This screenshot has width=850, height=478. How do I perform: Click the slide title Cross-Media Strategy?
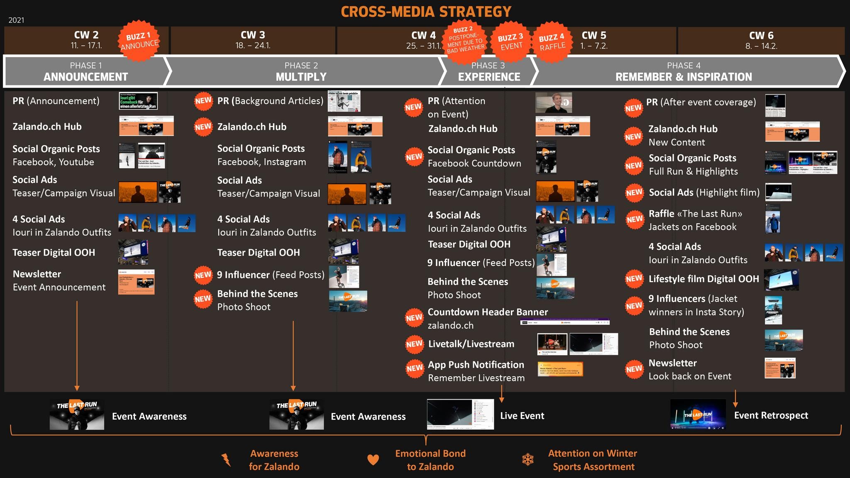point(426,12)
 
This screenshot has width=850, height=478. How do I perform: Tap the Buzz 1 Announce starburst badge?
point(139,41)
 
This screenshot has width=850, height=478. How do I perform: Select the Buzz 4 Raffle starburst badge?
point(552,42)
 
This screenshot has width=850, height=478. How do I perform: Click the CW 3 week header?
point(253,40)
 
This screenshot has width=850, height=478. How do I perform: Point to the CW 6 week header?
point(761,40)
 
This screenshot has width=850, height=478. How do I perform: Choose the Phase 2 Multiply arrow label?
point(301,71)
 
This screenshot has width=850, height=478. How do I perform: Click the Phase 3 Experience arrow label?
point(489,71)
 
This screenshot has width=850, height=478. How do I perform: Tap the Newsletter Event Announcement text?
point(59,280)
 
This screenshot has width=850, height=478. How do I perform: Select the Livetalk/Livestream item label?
point(471,344)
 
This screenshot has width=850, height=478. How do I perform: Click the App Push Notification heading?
point(476,365)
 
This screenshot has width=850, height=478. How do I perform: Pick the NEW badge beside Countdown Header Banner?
point(414,318)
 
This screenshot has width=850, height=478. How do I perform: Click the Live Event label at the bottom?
point(522,416)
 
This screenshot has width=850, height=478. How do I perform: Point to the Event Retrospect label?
point(771,415)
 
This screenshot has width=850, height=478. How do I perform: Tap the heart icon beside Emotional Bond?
point(373,460)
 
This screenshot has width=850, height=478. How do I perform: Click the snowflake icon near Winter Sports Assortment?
point(528,459)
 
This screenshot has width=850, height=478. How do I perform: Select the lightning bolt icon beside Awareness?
point(226,460)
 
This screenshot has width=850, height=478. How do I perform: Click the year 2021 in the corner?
point(16,20)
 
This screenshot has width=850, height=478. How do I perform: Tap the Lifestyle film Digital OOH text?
point(703,279)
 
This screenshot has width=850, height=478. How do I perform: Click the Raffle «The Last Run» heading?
point(695,214)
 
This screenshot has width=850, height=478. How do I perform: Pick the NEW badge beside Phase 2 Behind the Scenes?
point(203,299)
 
